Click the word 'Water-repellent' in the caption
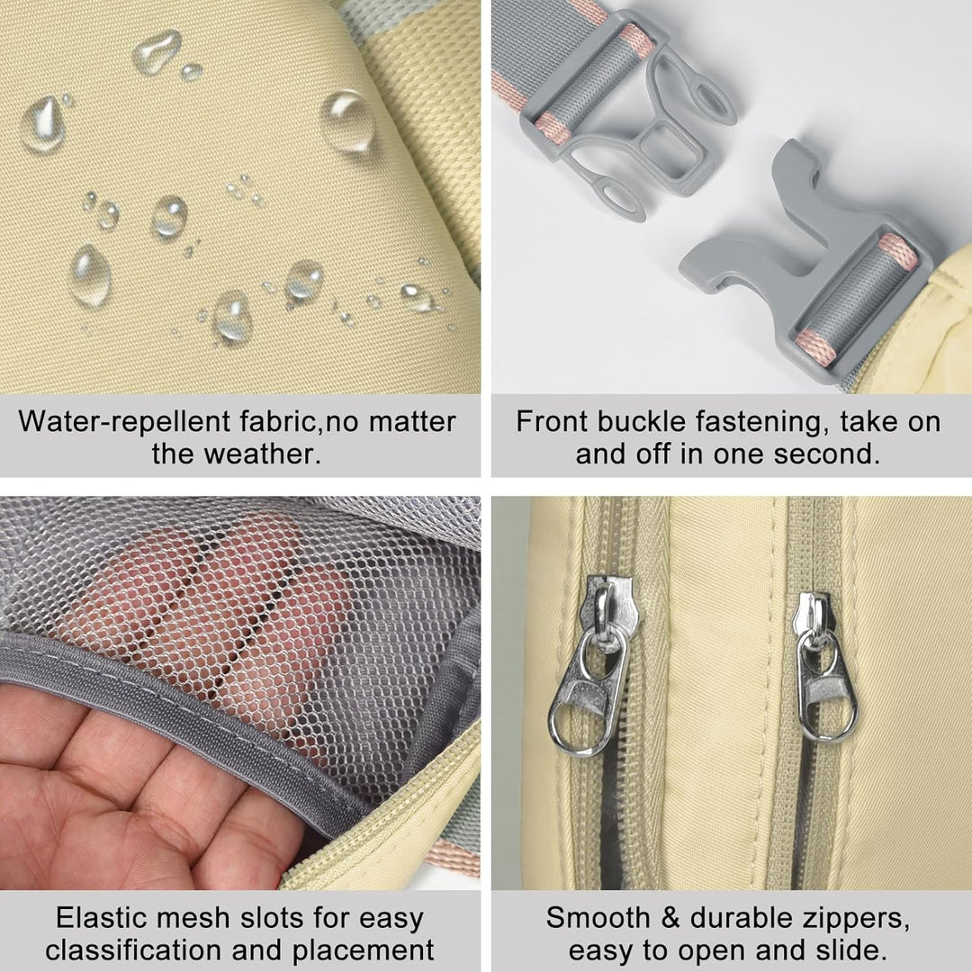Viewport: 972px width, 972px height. click(124, 422)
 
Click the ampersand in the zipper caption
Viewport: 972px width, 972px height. click(670, 918)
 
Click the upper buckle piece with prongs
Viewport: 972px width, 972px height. click(626, 118)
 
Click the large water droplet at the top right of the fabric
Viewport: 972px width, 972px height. click(347, 121)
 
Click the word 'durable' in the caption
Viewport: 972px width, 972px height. click(733, 918)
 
